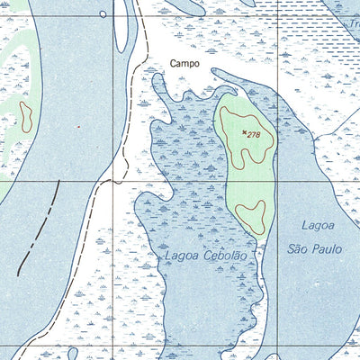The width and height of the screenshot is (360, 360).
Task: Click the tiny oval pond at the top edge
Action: coord(102,14)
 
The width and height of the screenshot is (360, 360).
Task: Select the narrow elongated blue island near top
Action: coord(121,27)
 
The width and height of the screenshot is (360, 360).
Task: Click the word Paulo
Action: coord(326,247)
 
